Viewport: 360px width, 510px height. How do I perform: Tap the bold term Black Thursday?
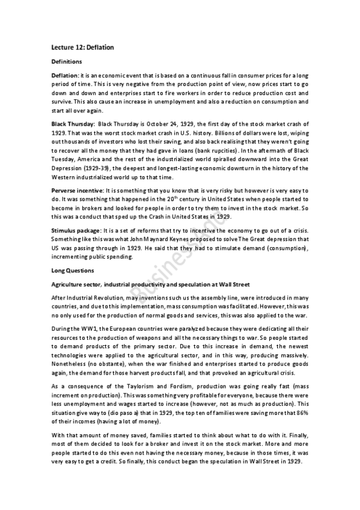(x=69, y=123)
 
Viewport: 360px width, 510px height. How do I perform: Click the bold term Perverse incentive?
(x=77, y=190)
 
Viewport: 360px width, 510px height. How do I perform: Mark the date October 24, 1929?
(x=177, y=123)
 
